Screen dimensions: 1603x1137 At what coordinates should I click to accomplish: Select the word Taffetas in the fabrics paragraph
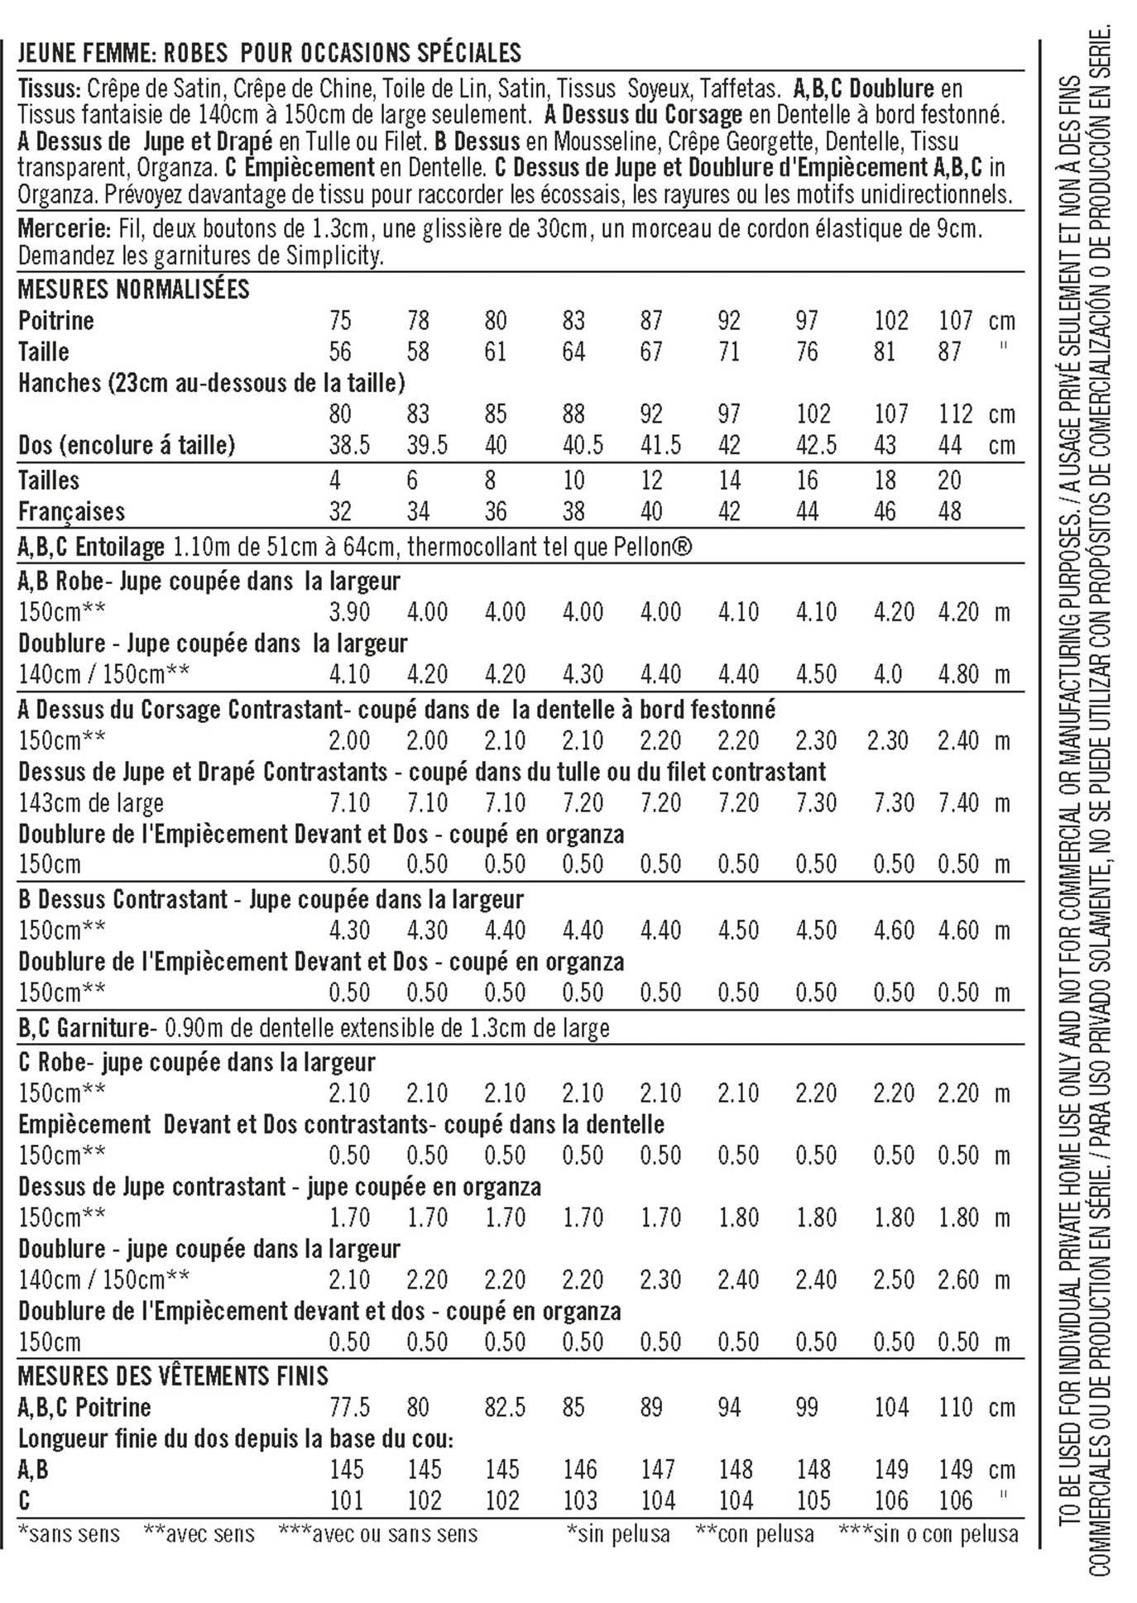pos(738,89)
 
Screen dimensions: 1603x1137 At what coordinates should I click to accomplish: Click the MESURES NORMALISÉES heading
pos(133,289)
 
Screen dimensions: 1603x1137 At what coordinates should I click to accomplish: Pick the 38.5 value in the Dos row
pos(348,445)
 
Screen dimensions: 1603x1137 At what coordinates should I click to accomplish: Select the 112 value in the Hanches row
pos(956,414)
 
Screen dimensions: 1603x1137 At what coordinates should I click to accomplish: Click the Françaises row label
pos(71,511)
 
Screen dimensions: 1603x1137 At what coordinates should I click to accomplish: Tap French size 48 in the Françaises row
pos(949,511)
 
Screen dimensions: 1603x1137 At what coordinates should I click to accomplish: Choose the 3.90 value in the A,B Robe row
pos(348,612)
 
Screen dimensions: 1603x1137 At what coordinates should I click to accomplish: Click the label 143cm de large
pos(91,802)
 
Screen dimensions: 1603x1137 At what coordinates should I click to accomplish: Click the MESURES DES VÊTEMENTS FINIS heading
pos(173,1376)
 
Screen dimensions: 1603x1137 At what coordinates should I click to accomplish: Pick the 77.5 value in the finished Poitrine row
pos(348,1407)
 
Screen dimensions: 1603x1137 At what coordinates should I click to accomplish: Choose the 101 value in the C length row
pos(347,1500)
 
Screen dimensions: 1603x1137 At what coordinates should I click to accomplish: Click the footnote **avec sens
pos(199,1534)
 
